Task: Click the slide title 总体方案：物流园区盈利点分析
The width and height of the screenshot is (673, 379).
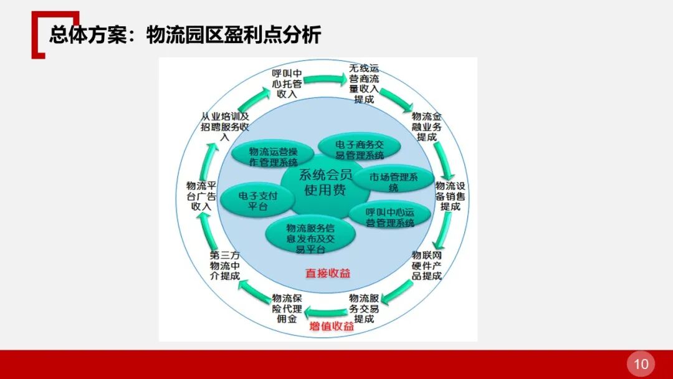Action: click(185, 35)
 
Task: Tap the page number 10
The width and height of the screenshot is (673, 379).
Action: click(641, 364)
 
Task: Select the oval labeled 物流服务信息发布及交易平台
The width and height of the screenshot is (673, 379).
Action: click(310, 235)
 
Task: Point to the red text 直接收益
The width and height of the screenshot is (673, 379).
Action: click(328, 272)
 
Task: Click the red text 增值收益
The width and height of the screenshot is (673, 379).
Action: click(332, 325)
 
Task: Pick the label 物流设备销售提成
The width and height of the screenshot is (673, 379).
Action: click(451, 196)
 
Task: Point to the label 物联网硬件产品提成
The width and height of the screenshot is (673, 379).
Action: click(427, 266)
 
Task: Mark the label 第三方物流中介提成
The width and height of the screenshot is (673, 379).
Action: click(225, 266)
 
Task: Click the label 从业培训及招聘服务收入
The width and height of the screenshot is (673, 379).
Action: click(226, 127)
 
